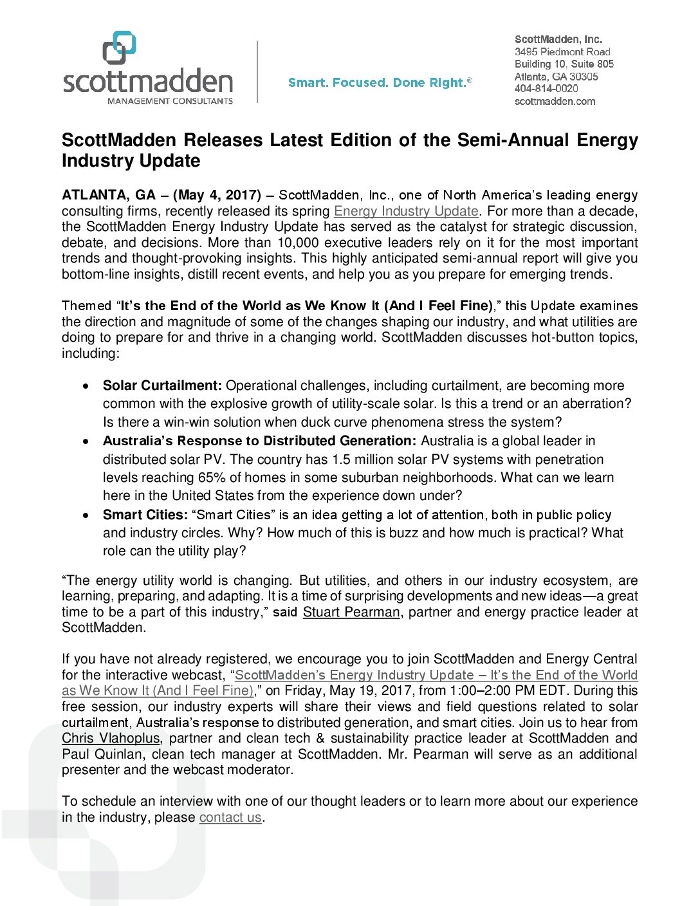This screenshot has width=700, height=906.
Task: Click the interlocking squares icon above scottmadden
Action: (x=120, y=47)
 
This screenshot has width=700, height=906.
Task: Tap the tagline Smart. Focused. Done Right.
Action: (x=380, y=82)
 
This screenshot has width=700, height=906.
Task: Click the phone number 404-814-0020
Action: (x=546, y=89)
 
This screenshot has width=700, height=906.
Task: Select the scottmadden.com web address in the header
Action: (x=555, y=101)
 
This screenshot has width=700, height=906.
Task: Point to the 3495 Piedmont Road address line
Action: (x=562, y=51)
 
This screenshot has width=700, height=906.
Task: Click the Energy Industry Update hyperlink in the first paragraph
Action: (x=406, y=211)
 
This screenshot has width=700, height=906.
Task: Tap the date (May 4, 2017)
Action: (x=217, y=195)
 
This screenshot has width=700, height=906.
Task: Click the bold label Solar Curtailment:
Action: (x=162, y=385)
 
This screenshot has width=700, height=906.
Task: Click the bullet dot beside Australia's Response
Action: (x=86, y=441)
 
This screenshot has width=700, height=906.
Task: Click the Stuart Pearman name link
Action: (x=351, y=612)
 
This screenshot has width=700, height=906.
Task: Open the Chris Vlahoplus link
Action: (x=111, y=738)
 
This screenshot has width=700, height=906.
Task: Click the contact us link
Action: (x=230, y=817)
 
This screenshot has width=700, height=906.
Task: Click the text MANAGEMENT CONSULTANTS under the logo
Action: (x=170, y=101)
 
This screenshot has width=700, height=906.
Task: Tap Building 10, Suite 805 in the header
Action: (x=564, y=64)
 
